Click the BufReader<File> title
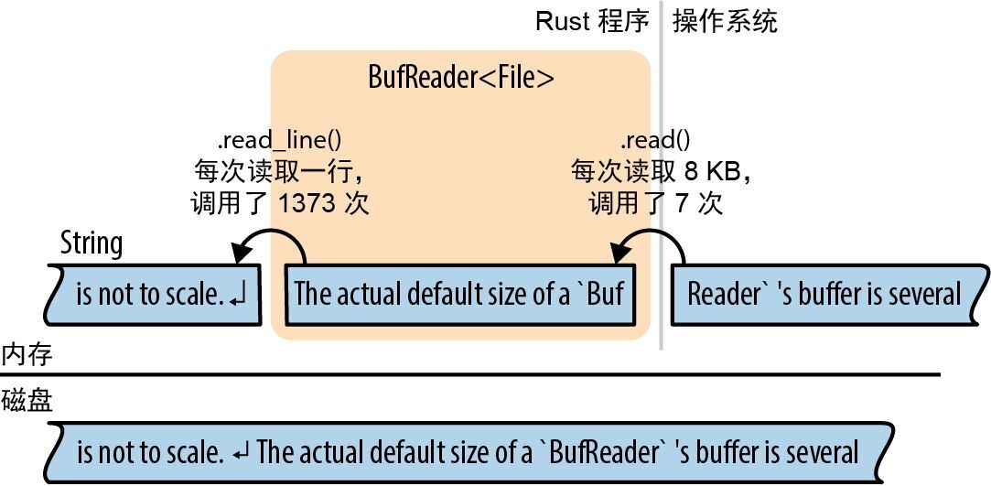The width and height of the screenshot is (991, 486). [460, 78]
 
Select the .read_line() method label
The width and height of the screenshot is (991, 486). [279, 140]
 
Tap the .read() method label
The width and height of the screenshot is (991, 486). [655, 140]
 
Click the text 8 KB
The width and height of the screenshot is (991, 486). [716, 171]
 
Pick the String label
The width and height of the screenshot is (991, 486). [91, 243]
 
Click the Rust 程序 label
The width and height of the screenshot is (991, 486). [592, 21]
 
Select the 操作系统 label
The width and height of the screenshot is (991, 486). [725, 21]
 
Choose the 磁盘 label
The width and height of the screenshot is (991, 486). [27, 400]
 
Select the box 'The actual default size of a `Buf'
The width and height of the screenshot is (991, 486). [459, 294]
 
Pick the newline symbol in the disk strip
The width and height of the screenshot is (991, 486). [242, 452]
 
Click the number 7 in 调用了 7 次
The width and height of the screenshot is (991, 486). [682, 203]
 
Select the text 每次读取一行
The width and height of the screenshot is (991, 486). [281, 171]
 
